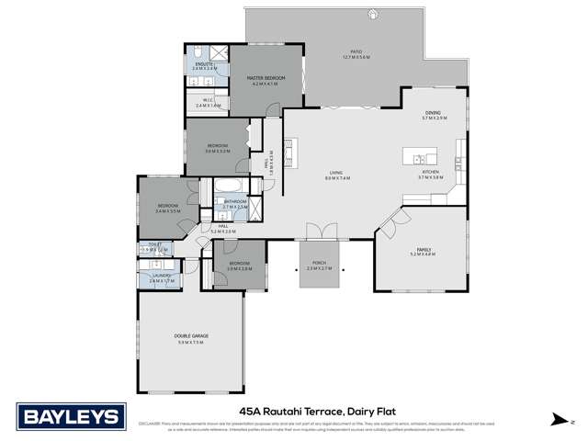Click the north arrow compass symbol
click(x=557, y=419)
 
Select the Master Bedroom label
click(x=266, y=80)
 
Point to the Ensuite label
click(x=205, y=65)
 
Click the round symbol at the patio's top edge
click(x=373, y=13)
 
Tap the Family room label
click(x=422, y=249)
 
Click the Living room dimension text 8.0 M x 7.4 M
click(x=337, y=177)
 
